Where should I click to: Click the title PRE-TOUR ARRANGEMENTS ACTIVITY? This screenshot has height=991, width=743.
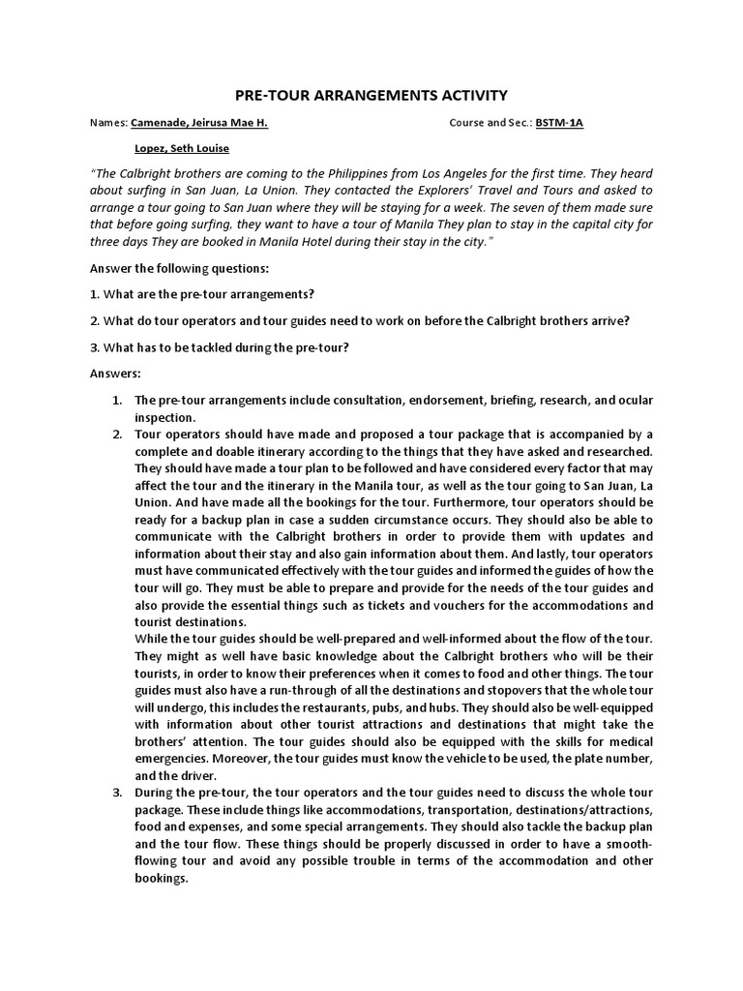(371, 95)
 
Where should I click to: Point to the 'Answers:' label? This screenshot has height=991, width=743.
(115, 373)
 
